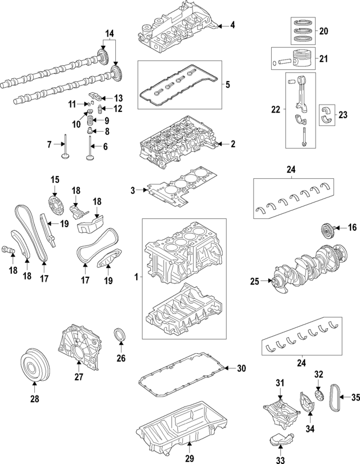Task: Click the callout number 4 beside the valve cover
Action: (x=232, y=25)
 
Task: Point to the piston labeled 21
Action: (x=298, y=59)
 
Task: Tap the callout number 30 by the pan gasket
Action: (x=242, y=369)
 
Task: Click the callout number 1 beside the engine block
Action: (x=135, y=277)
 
